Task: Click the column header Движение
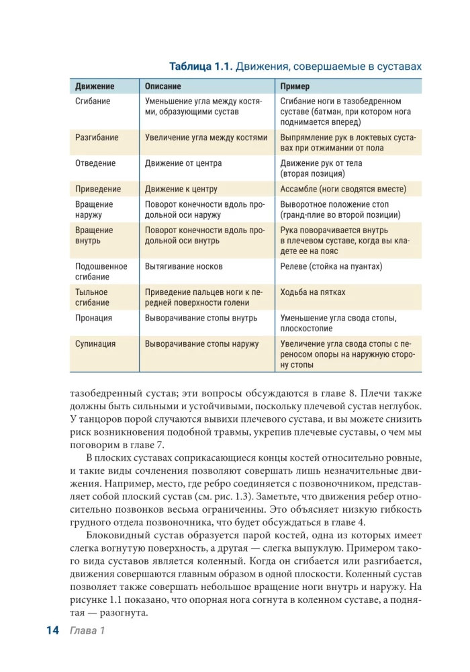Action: point(95,87)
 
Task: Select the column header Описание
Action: point(163,87)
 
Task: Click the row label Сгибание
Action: point(93,101)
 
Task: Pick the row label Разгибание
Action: point(97,137)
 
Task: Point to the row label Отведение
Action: point(95,163)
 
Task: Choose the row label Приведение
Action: point(98,190)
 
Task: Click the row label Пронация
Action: point(93,318)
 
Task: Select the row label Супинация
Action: point(95,344)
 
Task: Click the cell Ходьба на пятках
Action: point(313,292)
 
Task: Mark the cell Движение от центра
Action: point(183,163)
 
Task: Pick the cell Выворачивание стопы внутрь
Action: point(201,318)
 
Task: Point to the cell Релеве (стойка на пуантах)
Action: point(331,266)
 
